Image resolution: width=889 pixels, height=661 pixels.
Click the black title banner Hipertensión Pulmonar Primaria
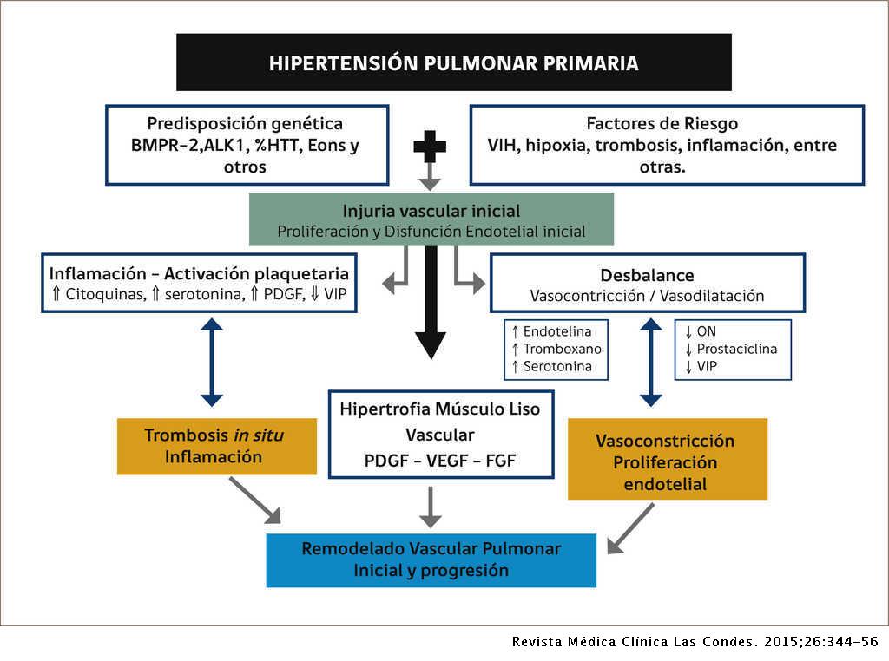(x=453, y=62)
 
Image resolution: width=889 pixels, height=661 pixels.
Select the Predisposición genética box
(x=247, y=145)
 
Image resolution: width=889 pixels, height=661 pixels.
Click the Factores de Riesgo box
(x=667, y=145)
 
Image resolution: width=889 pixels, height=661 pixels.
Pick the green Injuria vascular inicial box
(x=431, y=220)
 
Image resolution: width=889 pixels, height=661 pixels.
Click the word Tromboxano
(x=562, y=349)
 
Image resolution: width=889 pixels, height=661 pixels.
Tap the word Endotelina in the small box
(x=560, y=331)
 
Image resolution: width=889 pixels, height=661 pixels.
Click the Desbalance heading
(x=647, y=276)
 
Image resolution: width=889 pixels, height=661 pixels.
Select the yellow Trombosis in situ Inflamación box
(x=217, y=446)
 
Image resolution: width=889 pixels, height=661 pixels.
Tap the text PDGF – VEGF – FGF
(x=440, y=460)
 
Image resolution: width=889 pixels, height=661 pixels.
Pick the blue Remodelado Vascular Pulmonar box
(x=431, y=560)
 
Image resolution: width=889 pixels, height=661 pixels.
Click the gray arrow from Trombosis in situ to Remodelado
(x=255, y=501)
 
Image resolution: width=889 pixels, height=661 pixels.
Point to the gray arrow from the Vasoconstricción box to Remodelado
(x=631, y=528)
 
